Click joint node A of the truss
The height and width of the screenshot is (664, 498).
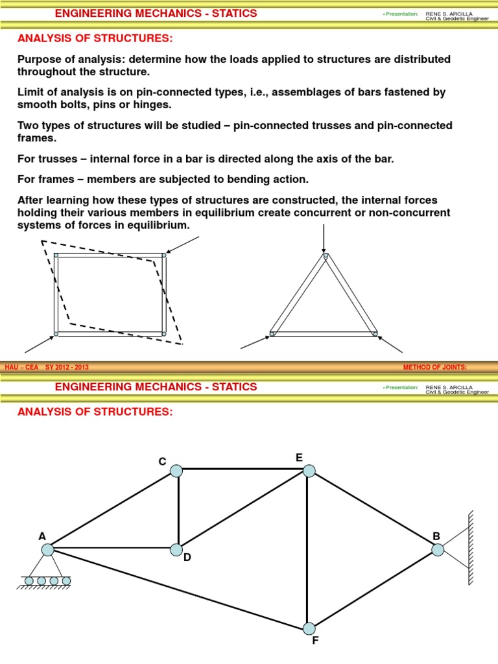pyautogui.click(x=47, y=550)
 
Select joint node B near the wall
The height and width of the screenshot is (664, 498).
pyautogui.click(x=438, y=550)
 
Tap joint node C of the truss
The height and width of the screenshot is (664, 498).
pyautogui.click(x=176, y=471)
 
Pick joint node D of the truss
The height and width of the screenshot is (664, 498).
pyautogui.click(x=176, y=550)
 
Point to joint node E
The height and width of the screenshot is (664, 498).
pyautogui.click(x=309, y=471)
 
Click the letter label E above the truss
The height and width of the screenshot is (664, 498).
pyautogui.click(x=299, y=457)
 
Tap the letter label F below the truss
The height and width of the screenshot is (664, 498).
pyautogui.click(x=314, y=642)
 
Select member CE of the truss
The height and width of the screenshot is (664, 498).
pyautogui.click(x=243, y=469)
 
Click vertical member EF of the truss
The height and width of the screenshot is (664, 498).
pyautogui.click(x=307, y=551)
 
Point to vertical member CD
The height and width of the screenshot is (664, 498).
pyautogui.click(x=178, y=511)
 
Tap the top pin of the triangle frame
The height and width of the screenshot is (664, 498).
pyautogui.click(x=325, y=256)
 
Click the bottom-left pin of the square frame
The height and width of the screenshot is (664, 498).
pyautogui.click(x=56, y=333)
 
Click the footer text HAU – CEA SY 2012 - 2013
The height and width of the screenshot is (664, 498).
pyautogui.click(x=47, y=368)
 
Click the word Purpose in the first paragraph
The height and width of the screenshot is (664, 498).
pyautogui.click(x=40, y=59)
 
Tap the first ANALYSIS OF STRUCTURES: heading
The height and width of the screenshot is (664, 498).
pyautogui.click(x=95, y=39)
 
